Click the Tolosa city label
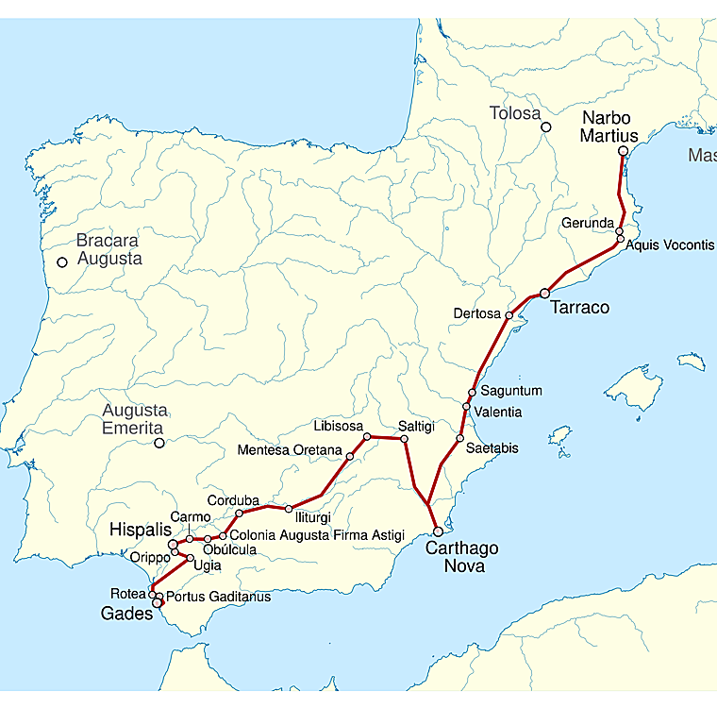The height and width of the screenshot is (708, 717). pyautogui.click(x=514, y=114)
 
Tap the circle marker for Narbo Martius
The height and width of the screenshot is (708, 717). pyautogui.click(x=623, y=151)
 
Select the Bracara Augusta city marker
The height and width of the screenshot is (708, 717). pyautogui.click(x=62, y=262)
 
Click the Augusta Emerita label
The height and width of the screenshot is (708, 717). pyautogui.click(x=134, y=419)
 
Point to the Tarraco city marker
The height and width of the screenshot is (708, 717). pyautogui.click(x=544, y=294)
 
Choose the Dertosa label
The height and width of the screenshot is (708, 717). pyautogui.click(x=477, y=314)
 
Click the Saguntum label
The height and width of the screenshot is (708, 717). pyautogui.click(x=511, y=391)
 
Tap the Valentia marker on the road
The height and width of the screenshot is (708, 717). pyautogui.click(x=466, y=407)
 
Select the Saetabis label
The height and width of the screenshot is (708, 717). pyautogui.click(x=492, y=447)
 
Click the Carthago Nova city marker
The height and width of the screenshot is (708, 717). pyautogui.click(x=438, y=531)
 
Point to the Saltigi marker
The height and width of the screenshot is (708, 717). pyautogui.click(x=404, y=439)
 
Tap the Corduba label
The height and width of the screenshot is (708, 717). pyautogui.click(x=233, y=500)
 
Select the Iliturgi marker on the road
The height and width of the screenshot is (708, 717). pyautogui.click(x=289, y=509)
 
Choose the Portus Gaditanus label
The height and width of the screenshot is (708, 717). pyautogui.click(x=218, y=597)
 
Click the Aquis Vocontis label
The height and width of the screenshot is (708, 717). pyautogui.click(x=670, y=244)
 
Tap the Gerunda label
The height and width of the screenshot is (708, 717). pyautogui.click(x=588, y=223)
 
